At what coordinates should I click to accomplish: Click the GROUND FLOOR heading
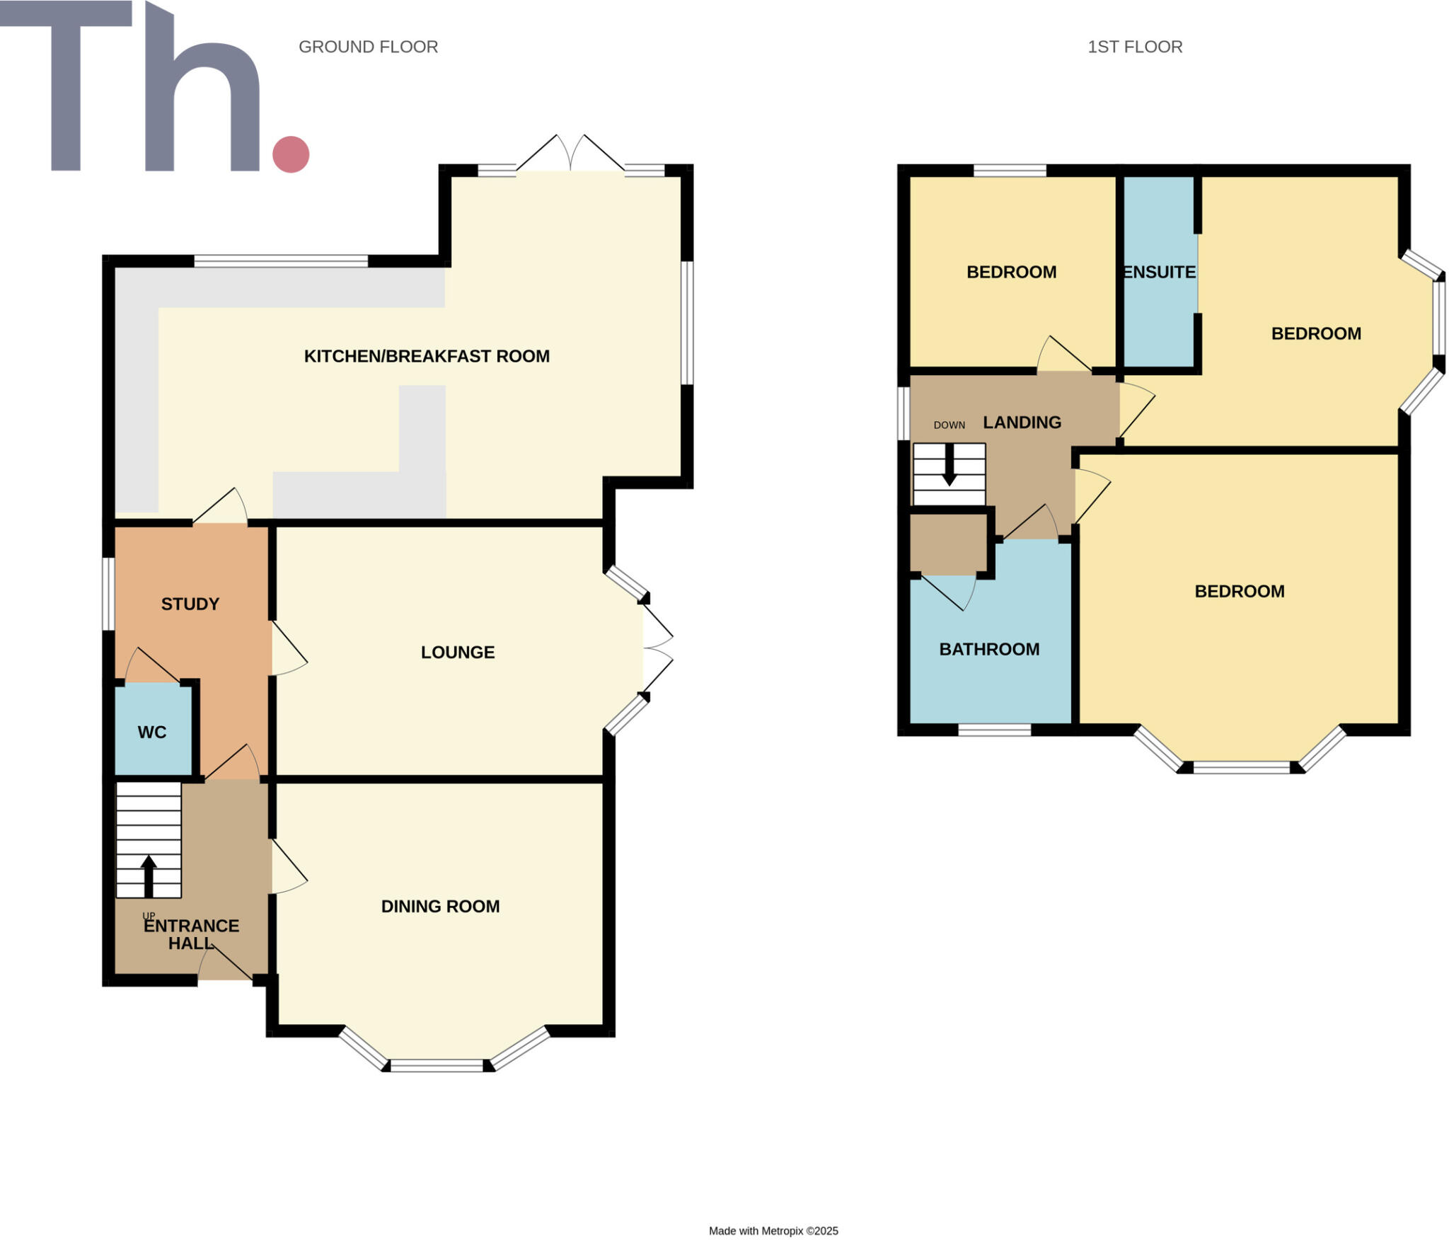pos(368,47)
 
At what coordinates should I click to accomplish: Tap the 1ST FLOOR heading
pos(1134,47)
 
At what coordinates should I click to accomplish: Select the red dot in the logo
pos(291,154)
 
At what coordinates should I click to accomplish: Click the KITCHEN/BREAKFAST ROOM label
pos(427,356)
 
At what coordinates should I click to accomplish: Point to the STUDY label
pos(190,604)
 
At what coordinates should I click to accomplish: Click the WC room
pos(152,732)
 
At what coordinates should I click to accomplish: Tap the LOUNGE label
pos(458,652)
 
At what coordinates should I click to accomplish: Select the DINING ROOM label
pos(440,906)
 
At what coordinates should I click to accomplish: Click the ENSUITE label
pos(1160,272)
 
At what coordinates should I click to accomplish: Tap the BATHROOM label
pos(989,649)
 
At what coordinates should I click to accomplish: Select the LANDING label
pos(1022,423)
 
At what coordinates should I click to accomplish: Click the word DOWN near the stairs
pos(949,425)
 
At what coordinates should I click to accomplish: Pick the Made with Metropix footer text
pos(773,1231)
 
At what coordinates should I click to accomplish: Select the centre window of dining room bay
pos(437,1065)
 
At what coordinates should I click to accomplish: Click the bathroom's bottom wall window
pos(994,730)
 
